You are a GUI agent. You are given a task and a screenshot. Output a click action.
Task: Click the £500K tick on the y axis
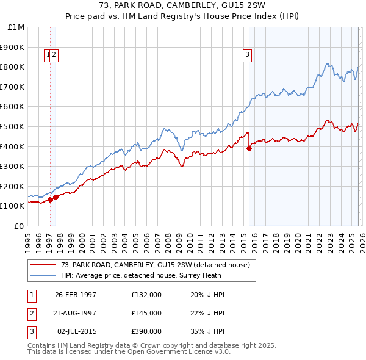[13, 126]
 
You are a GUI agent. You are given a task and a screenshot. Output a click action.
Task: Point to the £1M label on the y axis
[16, 27]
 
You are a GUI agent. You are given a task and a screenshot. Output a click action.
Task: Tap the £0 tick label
[20, 226]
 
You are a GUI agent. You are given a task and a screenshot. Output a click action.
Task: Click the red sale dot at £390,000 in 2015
[249, 148]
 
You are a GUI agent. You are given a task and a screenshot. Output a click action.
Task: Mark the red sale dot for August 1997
[56, 197]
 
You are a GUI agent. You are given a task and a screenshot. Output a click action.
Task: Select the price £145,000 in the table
[146, 313]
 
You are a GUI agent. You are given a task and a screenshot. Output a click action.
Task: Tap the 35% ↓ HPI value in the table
[207, 331]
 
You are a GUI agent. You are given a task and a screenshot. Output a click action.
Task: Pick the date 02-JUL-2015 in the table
[76, 331]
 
